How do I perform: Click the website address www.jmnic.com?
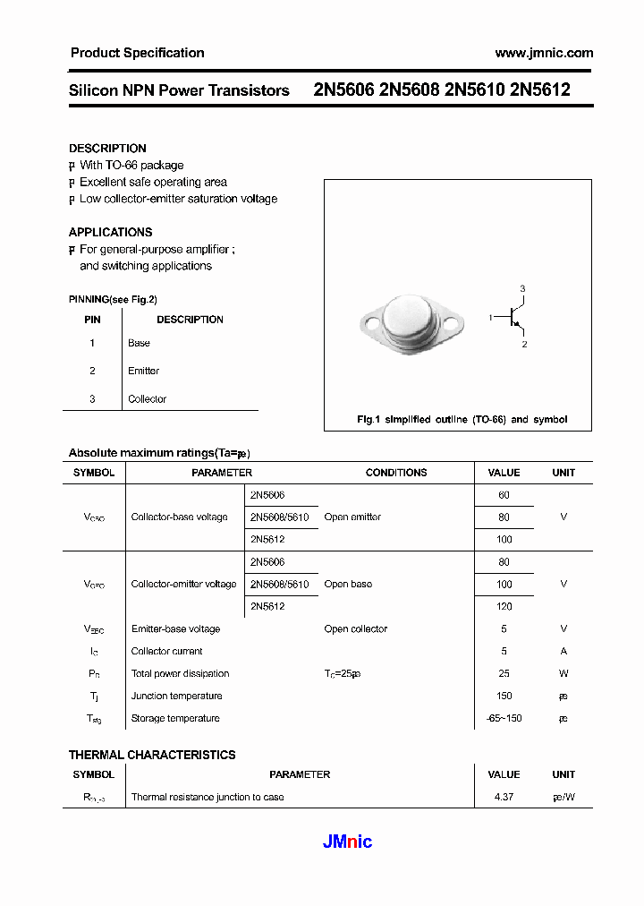544,53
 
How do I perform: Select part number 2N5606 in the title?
343,90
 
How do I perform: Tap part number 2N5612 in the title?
539,90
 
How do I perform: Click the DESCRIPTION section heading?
107,149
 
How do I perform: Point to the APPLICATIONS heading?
110,232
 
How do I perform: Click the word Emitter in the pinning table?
143,371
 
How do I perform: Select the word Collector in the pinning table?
147,399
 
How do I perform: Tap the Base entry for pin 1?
139,343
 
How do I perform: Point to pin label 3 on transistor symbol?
523,288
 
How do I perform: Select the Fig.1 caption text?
462,419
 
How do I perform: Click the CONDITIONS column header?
396,473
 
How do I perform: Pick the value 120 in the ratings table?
504,606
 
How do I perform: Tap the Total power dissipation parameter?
180,673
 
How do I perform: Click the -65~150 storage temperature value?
504,718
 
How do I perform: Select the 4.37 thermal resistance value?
504,797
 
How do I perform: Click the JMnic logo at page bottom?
346,842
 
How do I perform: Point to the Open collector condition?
355,628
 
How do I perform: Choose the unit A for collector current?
563,651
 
